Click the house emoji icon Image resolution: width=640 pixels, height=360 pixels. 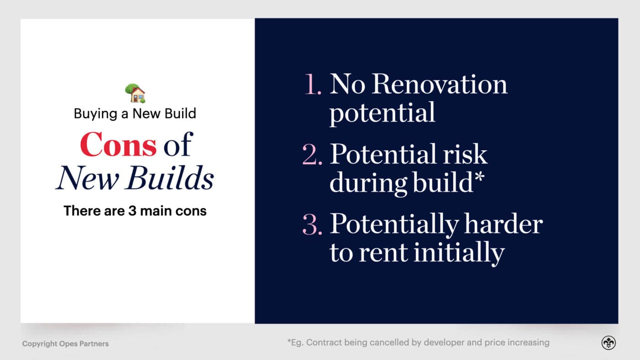(135, 93)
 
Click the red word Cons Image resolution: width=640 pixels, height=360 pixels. (118, 145)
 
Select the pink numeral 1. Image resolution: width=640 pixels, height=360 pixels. (314, 85)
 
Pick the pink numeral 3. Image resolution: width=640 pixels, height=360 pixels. (313, 224)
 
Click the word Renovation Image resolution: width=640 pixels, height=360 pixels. (439, 85)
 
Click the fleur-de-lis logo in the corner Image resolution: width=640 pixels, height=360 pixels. (608, 343)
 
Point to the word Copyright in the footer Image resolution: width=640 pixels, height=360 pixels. (40, 344)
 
